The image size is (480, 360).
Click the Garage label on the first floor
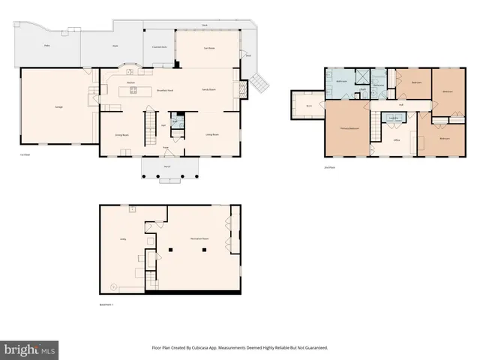[58, 107]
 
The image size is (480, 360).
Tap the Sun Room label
[209, 49]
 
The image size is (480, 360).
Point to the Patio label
[47, 46]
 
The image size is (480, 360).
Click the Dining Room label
[118, 135]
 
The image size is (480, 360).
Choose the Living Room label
[212, 135]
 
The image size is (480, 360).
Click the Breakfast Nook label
[165, 89]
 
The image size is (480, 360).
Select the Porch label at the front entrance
[167, 166]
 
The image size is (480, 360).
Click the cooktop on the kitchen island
[134, 91]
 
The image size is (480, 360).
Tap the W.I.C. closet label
[308, 106]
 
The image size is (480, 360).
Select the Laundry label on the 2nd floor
[394, 118]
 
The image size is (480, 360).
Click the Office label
[397, 139]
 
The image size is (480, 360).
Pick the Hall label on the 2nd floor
[401, 104]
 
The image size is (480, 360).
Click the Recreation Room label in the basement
[199, 237]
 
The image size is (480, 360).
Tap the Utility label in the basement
[122, 239]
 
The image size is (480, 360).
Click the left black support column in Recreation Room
[170, 249]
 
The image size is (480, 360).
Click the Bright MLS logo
[30, 349]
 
